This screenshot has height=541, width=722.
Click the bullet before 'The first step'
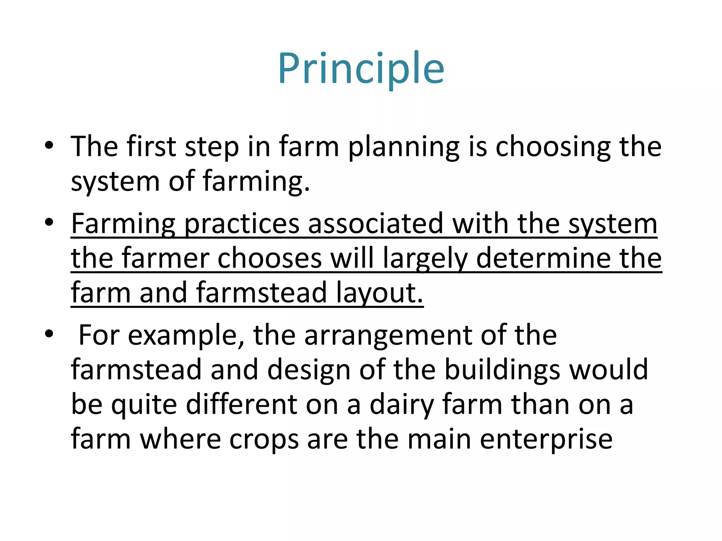point(49,145)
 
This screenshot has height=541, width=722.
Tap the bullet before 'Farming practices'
point(49,223)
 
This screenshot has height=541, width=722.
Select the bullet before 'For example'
point(49,334)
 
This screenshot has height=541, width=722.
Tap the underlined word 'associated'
point(375,224)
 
